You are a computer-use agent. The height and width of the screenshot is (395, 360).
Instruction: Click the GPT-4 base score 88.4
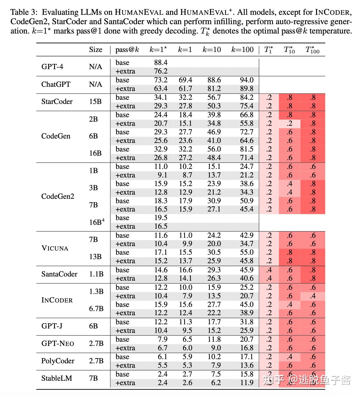(x=160, y=63)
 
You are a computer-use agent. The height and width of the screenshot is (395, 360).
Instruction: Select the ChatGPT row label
(x=56, y=84)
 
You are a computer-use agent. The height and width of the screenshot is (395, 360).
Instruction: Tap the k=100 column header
(x=242, y=50)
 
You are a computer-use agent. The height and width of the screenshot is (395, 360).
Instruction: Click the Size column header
(x=95, y=50)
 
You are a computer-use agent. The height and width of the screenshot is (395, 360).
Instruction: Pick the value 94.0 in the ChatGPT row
(x=246, y=80)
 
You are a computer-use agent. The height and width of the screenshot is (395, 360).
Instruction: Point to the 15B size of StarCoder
(x=95, y=102)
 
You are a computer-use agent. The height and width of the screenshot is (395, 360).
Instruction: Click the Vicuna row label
(x=55, y=248)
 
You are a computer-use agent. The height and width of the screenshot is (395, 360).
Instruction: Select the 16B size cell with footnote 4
(x=97, y=222)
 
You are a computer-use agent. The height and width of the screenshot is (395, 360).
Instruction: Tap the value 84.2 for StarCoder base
(x=246, y=97)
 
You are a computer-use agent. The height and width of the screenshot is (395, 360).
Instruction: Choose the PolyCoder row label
(x=58, y=361)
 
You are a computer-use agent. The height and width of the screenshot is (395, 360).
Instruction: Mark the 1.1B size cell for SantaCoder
(x=96, y=274)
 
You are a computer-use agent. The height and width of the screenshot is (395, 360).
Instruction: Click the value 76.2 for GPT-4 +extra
(x=160, y=71)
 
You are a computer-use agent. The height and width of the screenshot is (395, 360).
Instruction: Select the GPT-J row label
(x=52, y=326)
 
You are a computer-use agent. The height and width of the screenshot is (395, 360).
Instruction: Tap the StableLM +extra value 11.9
(x=246, y=383)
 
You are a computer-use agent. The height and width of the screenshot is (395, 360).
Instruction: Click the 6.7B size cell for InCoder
(x=96, y=309)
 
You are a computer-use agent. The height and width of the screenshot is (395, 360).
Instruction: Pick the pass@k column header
(x=127, y=50)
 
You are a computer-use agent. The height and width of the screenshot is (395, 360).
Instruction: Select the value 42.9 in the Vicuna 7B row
(x=246, y=235)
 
